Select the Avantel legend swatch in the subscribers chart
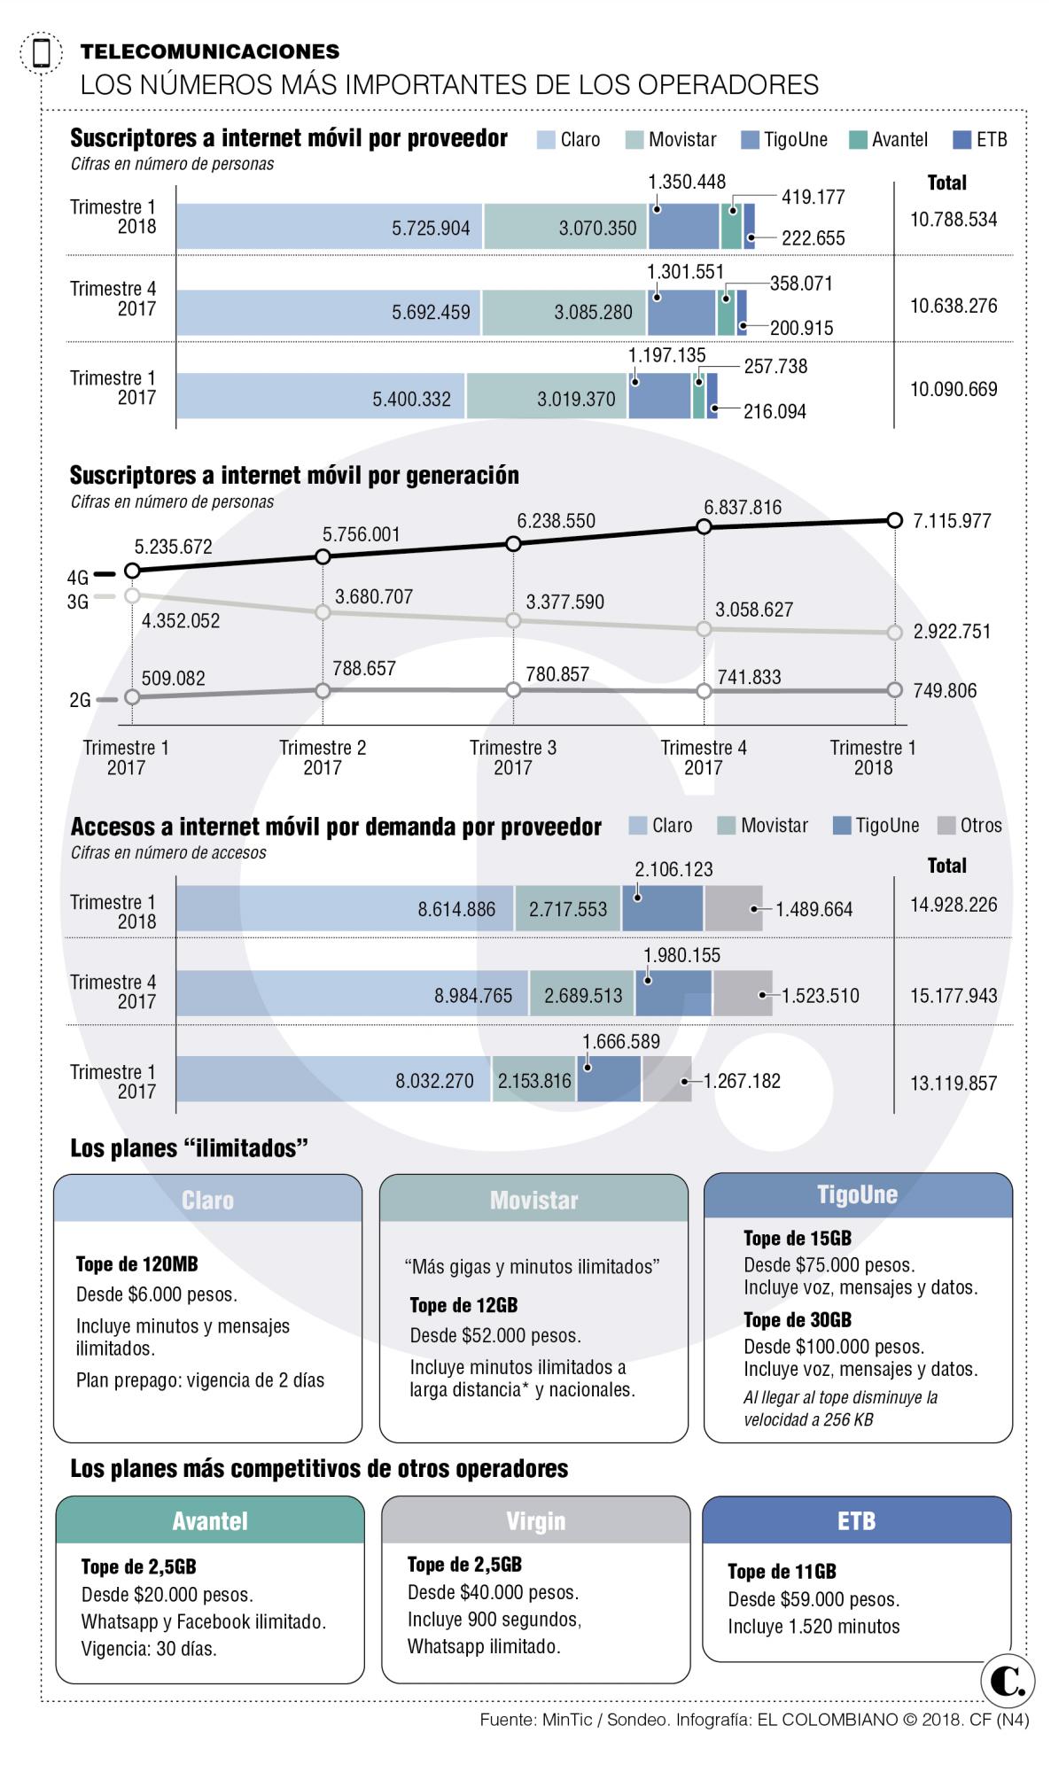pos(858,140)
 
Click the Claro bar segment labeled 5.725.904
pos(329,227)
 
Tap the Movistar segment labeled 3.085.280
pos(565,312)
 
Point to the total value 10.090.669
pos(953,389)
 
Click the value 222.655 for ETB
pos(813,237)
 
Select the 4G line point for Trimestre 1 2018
pos(893,520)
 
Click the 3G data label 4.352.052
pos(181,621)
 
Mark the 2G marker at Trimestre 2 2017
pos(323,690)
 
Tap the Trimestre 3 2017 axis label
pos(513,758)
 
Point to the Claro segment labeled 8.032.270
pos(333,1080)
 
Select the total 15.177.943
pos(953,995)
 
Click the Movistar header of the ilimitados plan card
pos(533,1200)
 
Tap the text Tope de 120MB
pos(136,1264)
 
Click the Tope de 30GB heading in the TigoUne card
pos(797,1320)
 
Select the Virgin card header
pos(535,1521)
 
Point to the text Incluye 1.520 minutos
pos(813,1627)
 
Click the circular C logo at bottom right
pos(1008,1682)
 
